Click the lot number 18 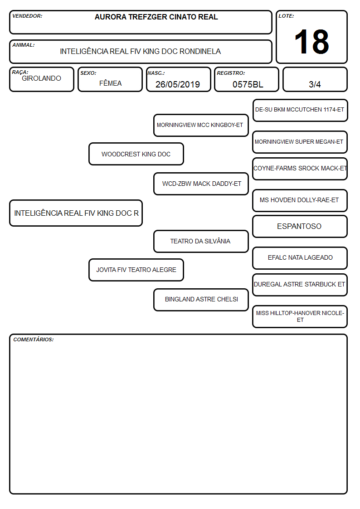pyautogui.click(x=311, y=42)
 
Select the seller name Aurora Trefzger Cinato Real pyautogui.click(x=156, y=17)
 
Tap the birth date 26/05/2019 pyautogui.click(x=178, y=84)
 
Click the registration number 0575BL pyautogui.click(x=248, y=84)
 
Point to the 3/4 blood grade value pyautogui.click(x=315, y=84)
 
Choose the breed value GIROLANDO pyautogui.click(x=41, y=78)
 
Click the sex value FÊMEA pyautogui.click(x=110, y=83)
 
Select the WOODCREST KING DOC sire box pyautogui.click(x=136, y=154)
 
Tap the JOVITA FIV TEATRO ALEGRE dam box pyautogui.click(x=136, y=270)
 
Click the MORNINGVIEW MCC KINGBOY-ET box pyautogui.click(x=201, y=125)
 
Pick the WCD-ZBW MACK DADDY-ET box pyautogui.click(x=201, y=184)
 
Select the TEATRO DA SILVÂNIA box pyautogui.click(x=201, y=241)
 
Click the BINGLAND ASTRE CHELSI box pyautogui.click(x=201, y=300)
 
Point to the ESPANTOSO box pyautogui.click(x=300, y=226)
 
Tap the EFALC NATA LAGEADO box pyautogui.click(x=300, y=258)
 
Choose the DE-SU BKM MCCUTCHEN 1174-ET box pyautogui.click(x=300, y=111)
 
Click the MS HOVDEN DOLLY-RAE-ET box pyautogui.click(x=300, y=200)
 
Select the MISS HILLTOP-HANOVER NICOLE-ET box pyautogui.click(x=300, y=316)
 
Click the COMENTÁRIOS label pyautogui.click(x=34, y=339)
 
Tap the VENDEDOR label pyautogui.click(x=27, y=16)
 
